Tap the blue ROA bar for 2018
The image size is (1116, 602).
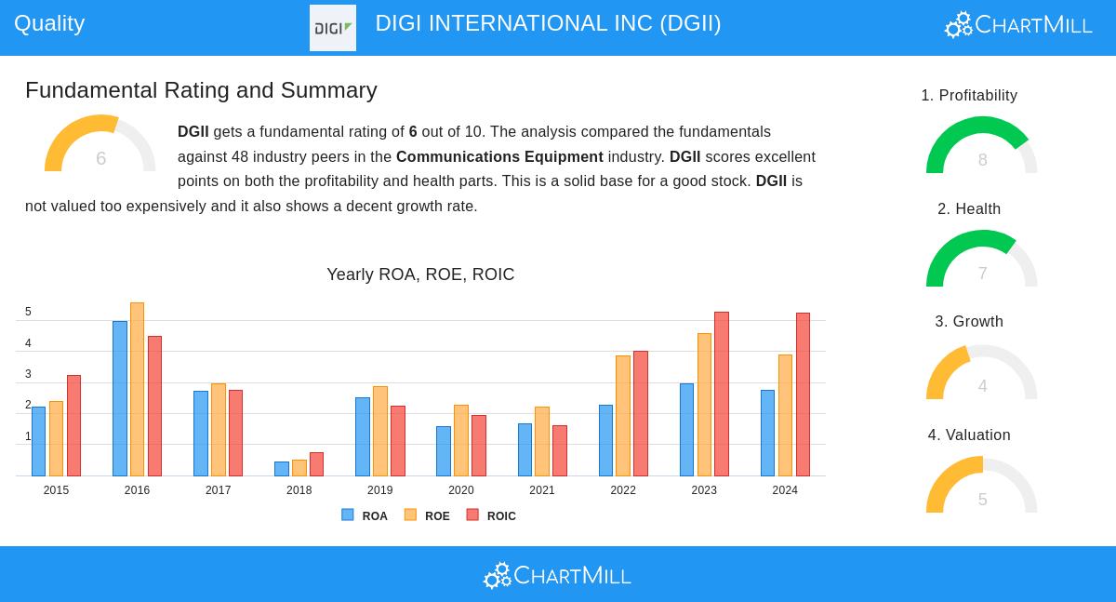[281, 469]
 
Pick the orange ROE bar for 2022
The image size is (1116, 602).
[623, 416]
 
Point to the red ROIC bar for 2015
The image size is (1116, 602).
[73, 425]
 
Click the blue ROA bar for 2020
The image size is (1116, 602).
[444, 451]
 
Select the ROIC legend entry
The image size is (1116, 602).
[492, 515]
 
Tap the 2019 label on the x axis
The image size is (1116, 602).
[379, 490]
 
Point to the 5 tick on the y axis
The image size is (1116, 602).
[28, 312]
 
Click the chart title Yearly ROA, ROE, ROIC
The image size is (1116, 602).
[420, 274]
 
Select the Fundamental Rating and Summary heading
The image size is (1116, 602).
[201, 90]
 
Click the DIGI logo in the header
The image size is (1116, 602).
[333, 28]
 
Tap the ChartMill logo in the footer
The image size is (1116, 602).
[557, 575]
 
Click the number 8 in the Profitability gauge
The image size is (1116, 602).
[982, 160]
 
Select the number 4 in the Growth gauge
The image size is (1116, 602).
[982, 386]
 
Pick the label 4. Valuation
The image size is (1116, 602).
[969, 435]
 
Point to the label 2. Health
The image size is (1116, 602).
[969, 209]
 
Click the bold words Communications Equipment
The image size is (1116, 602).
[499, 157]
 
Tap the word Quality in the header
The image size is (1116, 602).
[49, 23]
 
